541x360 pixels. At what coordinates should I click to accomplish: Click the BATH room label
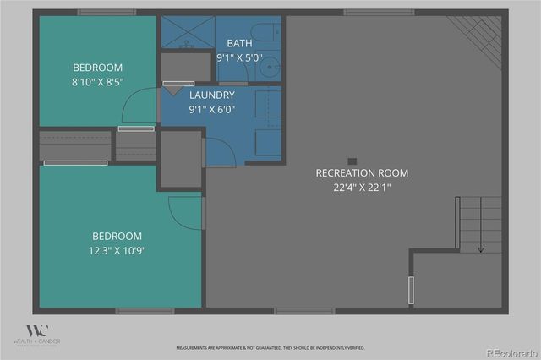click(239, 43)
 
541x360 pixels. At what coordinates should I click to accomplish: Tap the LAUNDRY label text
click(211, 95)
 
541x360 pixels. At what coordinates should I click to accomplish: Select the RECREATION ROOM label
click(362, 173)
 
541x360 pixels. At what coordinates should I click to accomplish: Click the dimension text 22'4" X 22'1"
click(362, 188)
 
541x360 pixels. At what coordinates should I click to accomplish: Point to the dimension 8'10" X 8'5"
click(98, 83)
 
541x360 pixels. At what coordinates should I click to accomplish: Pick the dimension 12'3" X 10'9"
click(118, 251)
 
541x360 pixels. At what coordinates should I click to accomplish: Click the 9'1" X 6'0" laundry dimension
click(211, 109)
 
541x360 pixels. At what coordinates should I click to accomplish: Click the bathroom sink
click(270, 66)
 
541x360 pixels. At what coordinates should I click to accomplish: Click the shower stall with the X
click(184, 33)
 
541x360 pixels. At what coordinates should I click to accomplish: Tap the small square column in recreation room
click(352, 161)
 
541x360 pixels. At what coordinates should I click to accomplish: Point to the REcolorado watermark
click(511, 352)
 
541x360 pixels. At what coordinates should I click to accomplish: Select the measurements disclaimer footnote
click(270, 348)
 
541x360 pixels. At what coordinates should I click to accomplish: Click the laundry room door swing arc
click(219, 150)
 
